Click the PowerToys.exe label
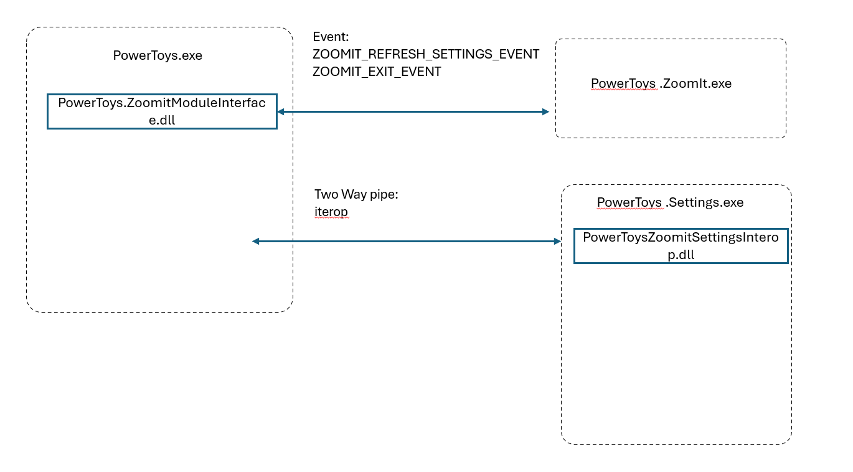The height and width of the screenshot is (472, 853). pos(158,55)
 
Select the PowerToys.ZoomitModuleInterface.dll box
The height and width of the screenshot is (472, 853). pos(162,111)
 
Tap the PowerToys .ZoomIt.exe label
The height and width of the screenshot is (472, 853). pos(661,83)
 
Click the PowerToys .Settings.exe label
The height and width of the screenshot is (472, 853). pos(670,202)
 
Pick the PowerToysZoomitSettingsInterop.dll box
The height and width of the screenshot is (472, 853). pos(681,246)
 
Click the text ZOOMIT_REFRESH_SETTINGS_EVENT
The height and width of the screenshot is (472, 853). pos(426,54)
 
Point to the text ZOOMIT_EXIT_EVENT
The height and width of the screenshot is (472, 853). pos(377,72)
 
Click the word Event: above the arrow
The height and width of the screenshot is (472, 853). pos(331,37)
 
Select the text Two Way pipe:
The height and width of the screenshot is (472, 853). pos(356,194)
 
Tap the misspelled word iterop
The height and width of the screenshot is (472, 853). pos(331,212)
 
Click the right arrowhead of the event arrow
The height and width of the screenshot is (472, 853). pos(545,111)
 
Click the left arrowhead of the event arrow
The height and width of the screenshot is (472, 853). pos(281,111)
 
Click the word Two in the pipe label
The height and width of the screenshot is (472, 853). pos(326,194)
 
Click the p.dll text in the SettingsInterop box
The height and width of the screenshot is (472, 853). pos(681,255)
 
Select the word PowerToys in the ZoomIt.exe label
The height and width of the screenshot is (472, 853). pos(623,83)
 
